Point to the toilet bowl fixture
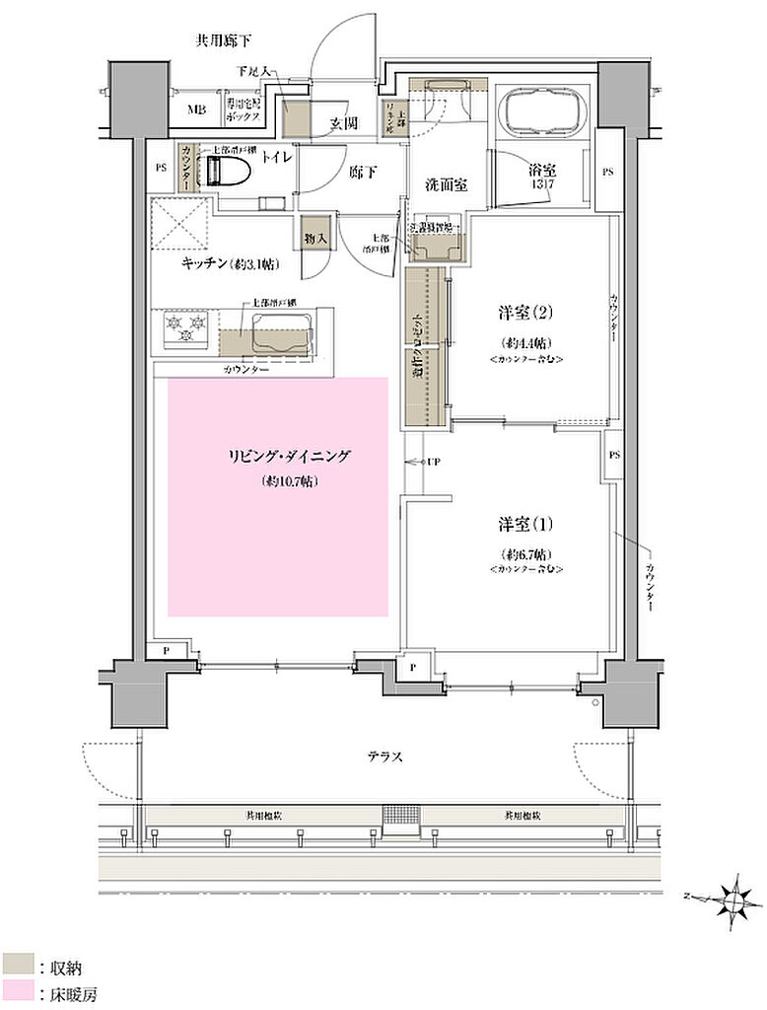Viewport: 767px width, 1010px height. click(229, 171)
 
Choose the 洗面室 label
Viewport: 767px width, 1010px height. click(446, 184)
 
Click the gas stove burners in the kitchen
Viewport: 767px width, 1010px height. click(185, 329)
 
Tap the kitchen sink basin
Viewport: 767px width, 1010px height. click(281, 332)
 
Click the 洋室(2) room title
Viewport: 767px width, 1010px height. click(523, 314)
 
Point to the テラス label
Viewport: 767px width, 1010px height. click(383, 757)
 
